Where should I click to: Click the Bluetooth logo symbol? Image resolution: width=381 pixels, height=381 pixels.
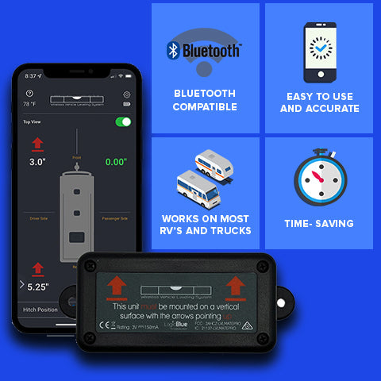pos(172,50)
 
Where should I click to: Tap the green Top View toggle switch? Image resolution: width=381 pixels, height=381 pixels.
pos(123,122)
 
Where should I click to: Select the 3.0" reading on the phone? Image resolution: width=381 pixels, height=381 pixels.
pos(37,161)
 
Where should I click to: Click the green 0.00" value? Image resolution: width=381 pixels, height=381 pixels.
pos(115,162)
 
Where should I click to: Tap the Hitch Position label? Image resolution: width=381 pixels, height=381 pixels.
pos(40,309)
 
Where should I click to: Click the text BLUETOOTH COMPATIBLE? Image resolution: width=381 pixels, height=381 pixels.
pos(205,100)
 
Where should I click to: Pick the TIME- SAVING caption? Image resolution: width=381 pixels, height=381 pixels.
pos(318,224)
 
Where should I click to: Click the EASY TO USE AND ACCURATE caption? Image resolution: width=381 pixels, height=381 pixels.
pos(319,102)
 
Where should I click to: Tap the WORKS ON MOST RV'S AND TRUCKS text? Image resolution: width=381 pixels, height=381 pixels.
pos(205,224)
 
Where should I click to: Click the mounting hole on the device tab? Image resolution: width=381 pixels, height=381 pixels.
pos(282,302)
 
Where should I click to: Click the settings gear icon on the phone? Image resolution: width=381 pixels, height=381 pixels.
pos(127,94)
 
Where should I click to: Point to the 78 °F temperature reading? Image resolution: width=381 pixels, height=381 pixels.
pos(30,104)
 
